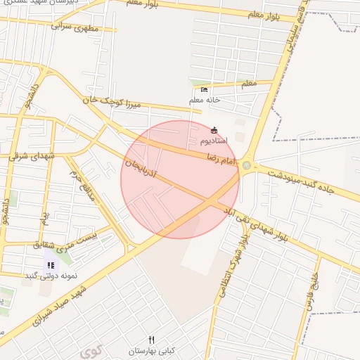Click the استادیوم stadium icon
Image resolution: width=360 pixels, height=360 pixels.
pos(214,130)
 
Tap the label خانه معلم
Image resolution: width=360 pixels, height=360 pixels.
pos(205,101)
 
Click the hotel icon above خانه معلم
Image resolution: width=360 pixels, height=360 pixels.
pos(205,89)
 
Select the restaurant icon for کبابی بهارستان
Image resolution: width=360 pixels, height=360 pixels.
pos(151,340)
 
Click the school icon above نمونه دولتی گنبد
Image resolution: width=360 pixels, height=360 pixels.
pos(51,265)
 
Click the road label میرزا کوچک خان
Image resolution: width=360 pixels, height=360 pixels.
pos(112,103)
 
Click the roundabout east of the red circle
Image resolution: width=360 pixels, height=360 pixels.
pos(247,165)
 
